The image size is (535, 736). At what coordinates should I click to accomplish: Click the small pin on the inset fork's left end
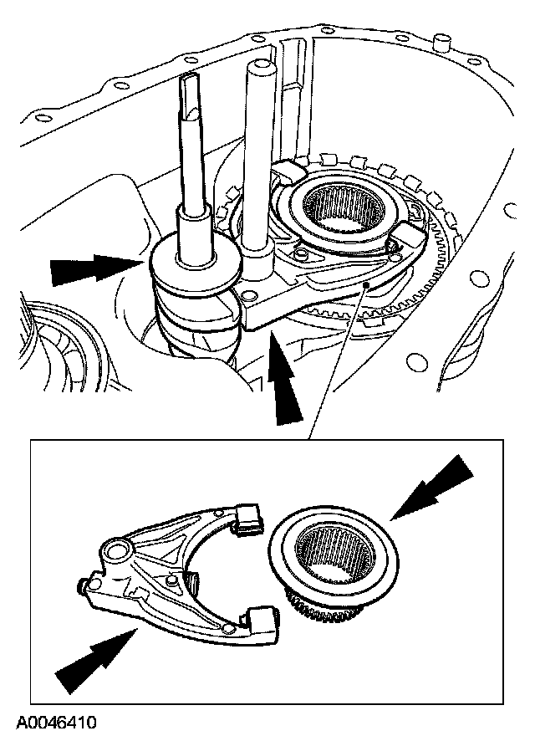pos(84,588)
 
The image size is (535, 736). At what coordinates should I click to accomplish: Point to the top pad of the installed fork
pos(288,171)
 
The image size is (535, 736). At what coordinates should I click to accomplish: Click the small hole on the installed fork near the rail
pos(247,296)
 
